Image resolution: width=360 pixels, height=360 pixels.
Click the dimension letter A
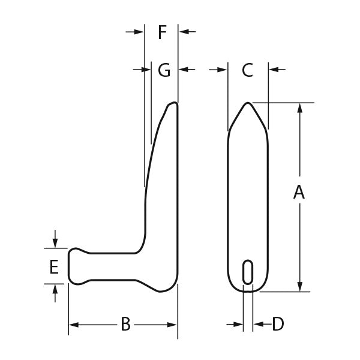[x=299, y=193]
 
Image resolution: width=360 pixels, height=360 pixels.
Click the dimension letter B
[x=125, y=324]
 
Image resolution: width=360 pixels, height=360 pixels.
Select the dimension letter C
[x=247, y=70]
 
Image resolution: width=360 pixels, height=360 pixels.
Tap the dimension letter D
[x=277, y=324]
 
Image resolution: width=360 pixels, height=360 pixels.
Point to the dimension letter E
[x=54, y=267]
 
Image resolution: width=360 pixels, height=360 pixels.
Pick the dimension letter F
[x=162, y=32]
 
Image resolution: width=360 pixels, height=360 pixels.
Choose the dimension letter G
[x=164, y=70]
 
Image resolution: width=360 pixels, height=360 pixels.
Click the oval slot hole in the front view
[x=247, y=272]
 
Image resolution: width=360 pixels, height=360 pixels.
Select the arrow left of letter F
[x=139, y=32]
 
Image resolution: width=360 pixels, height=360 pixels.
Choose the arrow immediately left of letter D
[x=239, y=324]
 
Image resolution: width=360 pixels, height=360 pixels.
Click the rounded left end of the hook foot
[x=70, y=266]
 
